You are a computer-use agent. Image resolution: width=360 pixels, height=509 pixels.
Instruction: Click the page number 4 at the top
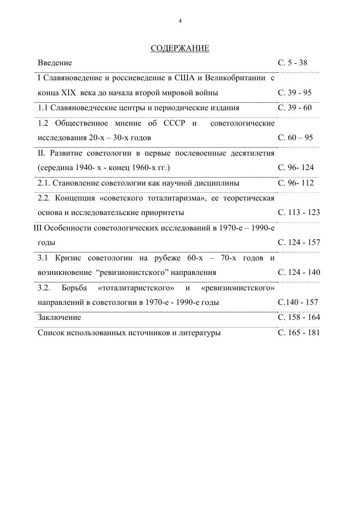tap(180, 21)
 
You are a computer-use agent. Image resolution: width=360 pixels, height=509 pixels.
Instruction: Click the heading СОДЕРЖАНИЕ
tap(180, 48)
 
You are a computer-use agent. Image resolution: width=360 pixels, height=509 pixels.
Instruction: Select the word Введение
tap(54, 63)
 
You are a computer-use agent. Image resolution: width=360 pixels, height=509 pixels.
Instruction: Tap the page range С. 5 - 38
tap(292, 63)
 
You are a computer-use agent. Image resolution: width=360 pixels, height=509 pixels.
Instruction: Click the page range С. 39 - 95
tap(295, 93)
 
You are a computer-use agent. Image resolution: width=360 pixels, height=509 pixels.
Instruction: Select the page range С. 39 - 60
tap(295, 108)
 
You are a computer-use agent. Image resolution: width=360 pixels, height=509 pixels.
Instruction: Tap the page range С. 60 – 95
tap(295, 137)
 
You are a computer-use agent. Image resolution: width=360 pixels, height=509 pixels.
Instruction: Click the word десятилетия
tap(253, 153)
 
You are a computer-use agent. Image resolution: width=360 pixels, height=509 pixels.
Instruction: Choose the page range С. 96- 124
tap(296, 167)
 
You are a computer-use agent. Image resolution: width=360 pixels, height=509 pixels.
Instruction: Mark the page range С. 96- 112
tap(296, 183)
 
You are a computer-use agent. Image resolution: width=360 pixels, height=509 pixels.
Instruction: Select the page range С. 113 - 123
tap(299, 212)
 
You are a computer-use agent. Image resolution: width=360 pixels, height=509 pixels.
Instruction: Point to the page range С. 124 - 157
tap(299, 242)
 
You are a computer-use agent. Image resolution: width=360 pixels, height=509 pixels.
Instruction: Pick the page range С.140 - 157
tap(298, 302)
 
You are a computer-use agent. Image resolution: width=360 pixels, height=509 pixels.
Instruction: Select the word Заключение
tap(59, 317)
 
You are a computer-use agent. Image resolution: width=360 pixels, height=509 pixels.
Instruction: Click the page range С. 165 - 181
tap(299, 333)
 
